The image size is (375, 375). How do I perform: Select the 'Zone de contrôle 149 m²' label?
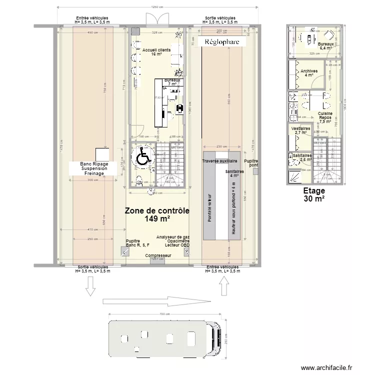coord(157,214)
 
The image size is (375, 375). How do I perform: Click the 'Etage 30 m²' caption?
coord(314,194)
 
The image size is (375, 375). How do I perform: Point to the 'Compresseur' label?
coord(158,255)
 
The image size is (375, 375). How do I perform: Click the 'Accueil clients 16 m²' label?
coord(156,52)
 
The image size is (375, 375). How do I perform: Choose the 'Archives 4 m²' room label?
coord(309,73)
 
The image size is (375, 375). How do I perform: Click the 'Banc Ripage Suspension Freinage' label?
coord(98,168)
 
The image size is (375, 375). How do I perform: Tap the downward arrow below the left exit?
coord(91,285)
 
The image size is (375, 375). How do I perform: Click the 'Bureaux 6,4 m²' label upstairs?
coord(327,46)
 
